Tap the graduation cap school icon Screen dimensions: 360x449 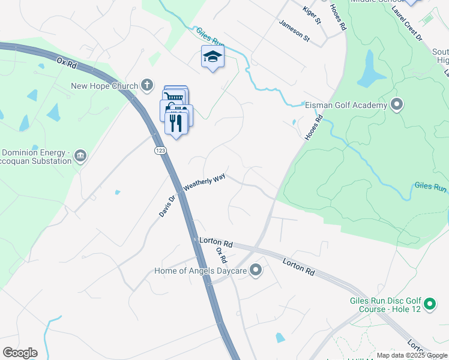pos(212,57)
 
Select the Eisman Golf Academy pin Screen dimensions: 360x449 pos(396,105)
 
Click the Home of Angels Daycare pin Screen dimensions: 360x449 pos(256,271)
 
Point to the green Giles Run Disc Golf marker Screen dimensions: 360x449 pos(429,305)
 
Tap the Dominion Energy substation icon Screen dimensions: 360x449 pos(80,157)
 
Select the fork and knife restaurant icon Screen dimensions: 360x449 pos(176,123)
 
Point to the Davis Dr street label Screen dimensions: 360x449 pos(169,205)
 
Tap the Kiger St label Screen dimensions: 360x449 pos(313,15)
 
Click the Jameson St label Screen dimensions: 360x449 pos(294,31)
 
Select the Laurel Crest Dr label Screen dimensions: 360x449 pos(407,23)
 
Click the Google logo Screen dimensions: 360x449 pos(20,353)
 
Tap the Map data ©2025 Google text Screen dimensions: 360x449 pos(412,355)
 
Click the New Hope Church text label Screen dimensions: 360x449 pos(104,86)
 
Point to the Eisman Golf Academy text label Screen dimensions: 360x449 pos(346,106)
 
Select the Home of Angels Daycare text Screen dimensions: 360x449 pos(200,271)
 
